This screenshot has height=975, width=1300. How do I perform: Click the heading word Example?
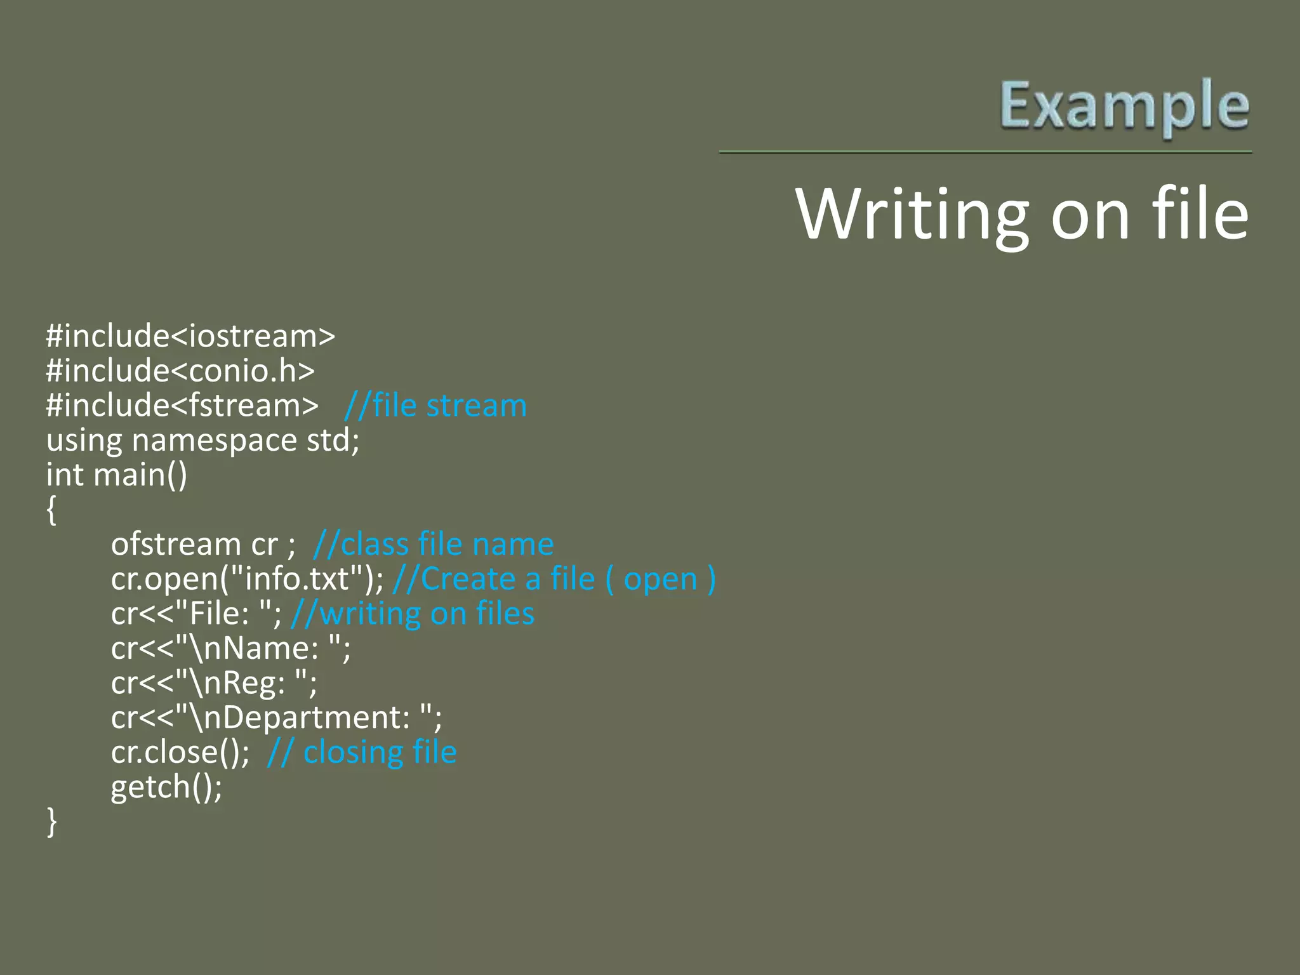coord(1124,106)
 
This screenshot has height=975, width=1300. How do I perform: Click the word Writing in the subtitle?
coord(911,215)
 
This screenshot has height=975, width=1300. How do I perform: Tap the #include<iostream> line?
coord(190,336)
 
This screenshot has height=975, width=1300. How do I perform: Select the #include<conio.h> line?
coord(180,371)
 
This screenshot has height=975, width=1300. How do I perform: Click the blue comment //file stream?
coord(435,406)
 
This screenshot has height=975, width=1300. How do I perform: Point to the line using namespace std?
coord(202,440)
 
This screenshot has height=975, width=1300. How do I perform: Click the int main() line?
coord(117,475)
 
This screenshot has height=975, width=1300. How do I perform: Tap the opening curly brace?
coord(51,510)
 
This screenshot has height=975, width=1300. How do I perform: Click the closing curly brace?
coord(51,822)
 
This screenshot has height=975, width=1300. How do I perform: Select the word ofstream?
coord(176,544)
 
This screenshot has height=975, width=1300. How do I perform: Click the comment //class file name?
coord(434,544)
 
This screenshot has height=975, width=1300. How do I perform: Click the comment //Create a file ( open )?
coord(554,579)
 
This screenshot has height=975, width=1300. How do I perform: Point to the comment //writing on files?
coord(413,614)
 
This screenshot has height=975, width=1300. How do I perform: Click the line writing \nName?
coord(230,648)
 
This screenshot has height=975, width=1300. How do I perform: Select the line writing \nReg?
coord(214,683)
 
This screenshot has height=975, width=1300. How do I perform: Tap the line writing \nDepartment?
coord(276,718)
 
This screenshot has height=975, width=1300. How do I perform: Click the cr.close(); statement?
coord(180,752)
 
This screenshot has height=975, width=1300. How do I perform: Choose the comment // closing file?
coord(362,752)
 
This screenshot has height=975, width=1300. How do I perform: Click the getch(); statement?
coord(166,787)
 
